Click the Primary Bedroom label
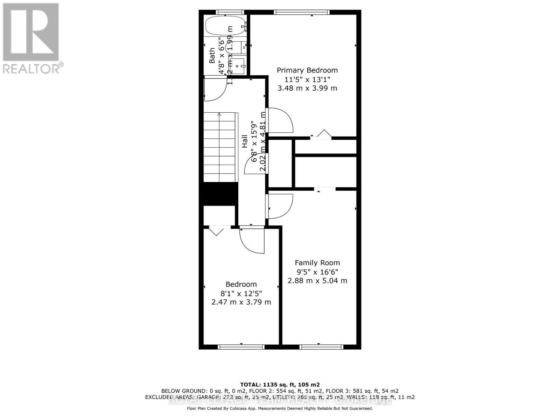[307, 70]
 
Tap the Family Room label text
[317, 263]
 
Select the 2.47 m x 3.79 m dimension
[241, 302]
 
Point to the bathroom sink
[239, 65]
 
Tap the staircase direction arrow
[219, 115]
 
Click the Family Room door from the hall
[280, 206]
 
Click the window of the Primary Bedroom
[302, 12]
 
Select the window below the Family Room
[321, 347]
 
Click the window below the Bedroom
[241, 347]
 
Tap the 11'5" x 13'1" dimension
[307, 79]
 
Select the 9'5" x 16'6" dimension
[317, 272]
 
